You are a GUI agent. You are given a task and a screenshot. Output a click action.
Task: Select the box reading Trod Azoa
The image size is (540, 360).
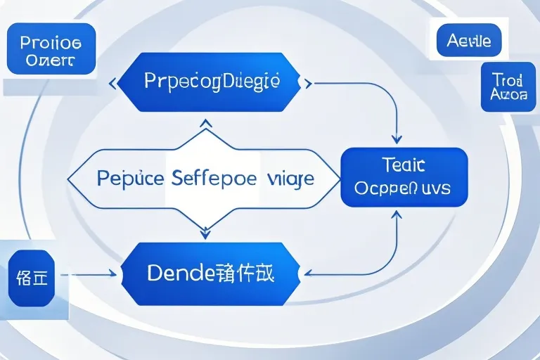coord(503,86)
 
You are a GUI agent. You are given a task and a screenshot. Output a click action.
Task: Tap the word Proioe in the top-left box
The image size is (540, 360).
coord(51,42)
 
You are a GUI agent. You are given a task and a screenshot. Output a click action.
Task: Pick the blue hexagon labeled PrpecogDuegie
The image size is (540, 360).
coord(212,82)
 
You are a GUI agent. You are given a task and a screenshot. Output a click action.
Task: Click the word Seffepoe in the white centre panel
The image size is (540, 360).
coord(214,179)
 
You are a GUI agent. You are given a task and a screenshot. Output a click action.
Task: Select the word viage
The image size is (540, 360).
coord(290,179)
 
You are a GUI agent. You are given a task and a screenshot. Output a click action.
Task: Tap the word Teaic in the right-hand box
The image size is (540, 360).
coord(403,165)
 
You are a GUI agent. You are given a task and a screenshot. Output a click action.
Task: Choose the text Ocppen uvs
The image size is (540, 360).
coord(403,188)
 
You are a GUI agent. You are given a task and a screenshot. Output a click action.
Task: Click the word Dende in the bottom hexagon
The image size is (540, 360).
coord(181,273)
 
